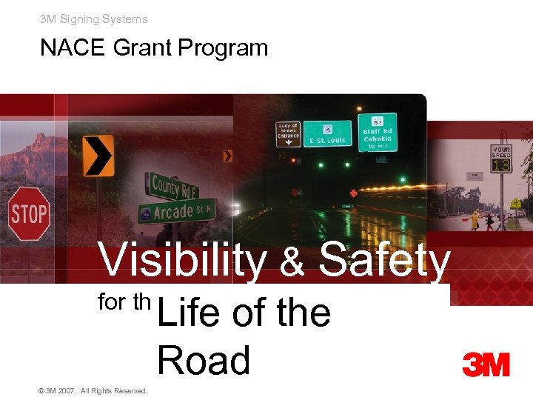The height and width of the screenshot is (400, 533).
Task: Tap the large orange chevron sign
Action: [x=98, y=155]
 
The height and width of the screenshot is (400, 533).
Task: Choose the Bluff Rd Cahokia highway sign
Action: [x=378, y=132]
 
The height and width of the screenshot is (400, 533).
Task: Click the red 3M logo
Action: [x=486, y=364]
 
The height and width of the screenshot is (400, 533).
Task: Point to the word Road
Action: [x=204, y=361]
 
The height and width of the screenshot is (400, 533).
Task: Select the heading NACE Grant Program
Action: [x=153, y=48]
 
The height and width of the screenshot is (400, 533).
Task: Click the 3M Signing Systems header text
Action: [x=94, y=19]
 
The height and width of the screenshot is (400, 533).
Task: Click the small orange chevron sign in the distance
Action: [x=228, y=156]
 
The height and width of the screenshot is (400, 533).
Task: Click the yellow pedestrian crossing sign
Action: [x=514, y=203]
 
